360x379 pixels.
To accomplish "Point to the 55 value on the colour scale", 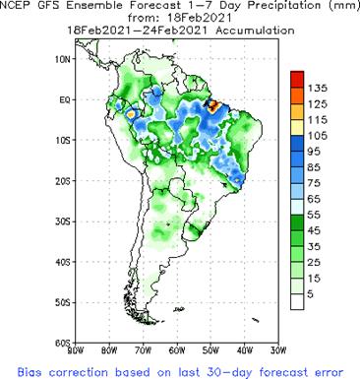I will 317,215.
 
